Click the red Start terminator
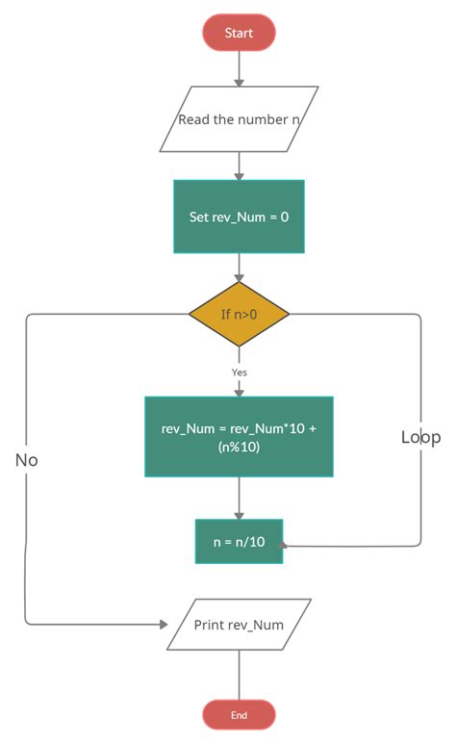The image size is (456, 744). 239,33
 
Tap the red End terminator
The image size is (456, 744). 239,715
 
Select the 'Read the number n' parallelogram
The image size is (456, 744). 239,120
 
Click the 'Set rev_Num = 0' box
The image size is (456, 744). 239,217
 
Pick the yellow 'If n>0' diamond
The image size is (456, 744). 239,314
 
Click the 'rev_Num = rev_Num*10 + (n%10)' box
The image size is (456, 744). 239,436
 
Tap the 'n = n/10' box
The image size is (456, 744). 239,541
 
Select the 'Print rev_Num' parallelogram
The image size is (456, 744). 239,625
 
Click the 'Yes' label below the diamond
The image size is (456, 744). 240,372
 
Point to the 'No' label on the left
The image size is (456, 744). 26,460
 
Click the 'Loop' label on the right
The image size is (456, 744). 420,437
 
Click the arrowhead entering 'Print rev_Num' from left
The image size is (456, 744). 162,624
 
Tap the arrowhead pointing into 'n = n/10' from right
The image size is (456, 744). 286,545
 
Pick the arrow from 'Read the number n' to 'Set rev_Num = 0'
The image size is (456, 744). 239,166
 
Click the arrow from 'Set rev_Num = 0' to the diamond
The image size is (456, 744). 239,268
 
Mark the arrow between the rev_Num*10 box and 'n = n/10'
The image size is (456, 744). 239,499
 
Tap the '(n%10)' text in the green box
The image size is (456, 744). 239,447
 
